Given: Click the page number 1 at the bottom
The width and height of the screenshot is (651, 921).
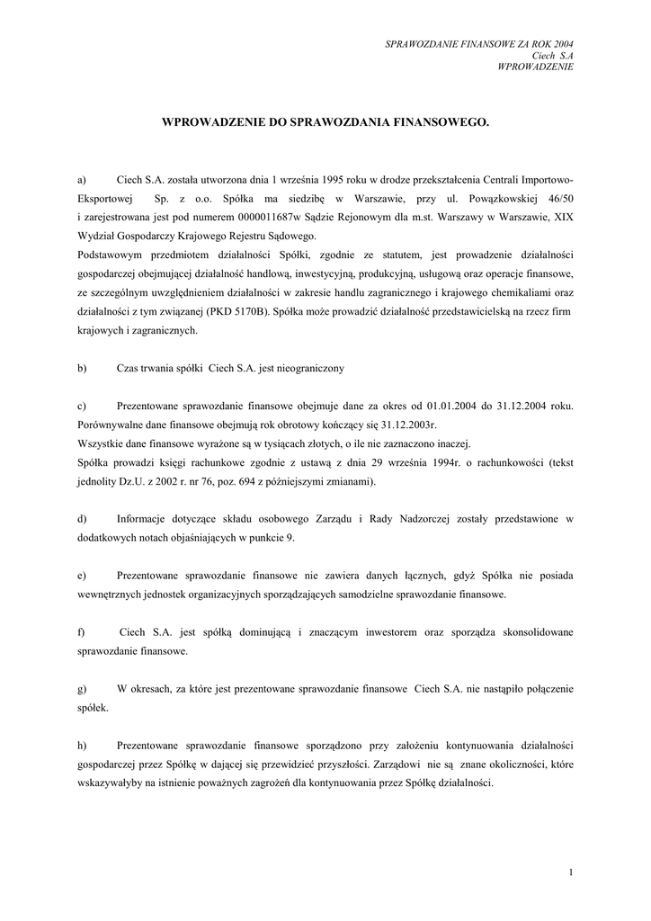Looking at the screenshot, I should [x=571, y=872].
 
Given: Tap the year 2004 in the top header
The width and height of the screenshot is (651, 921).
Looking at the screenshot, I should [x=560, y=43].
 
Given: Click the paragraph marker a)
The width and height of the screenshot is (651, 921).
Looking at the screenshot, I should [x=81, y=179].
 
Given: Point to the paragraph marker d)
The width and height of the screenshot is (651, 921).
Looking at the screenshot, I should [x=82, y=519].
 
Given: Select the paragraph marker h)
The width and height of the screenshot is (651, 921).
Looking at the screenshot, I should [x=82, y=746].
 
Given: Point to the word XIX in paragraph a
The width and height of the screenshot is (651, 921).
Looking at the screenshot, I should [x=563, y=217].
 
